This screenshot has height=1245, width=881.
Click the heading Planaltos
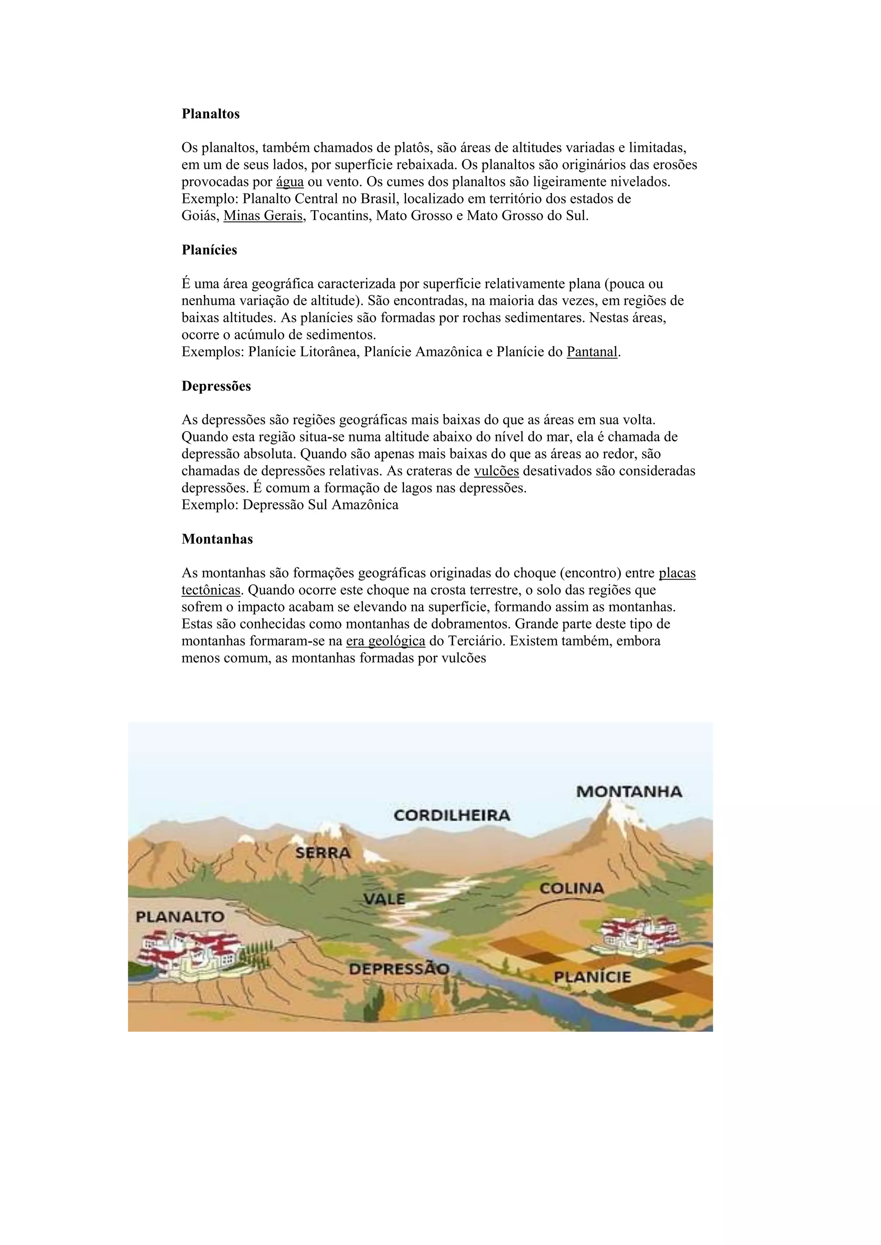[210, 114]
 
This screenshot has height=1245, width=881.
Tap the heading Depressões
[216, 386]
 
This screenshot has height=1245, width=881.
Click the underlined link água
[290, 182]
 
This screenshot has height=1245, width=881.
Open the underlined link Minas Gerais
[263, 216]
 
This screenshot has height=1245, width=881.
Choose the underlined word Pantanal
[592, 352]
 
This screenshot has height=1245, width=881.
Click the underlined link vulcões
[496, 471]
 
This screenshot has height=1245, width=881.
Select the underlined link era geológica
[385, 641]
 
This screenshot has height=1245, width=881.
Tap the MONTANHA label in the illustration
[629, 792]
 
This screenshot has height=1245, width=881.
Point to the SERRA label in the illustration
[323, 853]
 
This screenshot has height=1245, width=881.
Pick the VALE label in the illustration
[385, 898]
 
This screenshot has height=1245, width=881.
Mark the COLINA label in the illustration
[571, 888]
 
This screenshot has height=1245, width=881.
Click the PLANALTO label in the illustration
[179, 917]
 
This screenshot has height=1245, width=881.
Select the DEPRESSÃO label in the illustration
[399, 969]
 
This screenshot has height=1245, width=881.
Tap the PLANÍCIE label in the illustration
[592, 977]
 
